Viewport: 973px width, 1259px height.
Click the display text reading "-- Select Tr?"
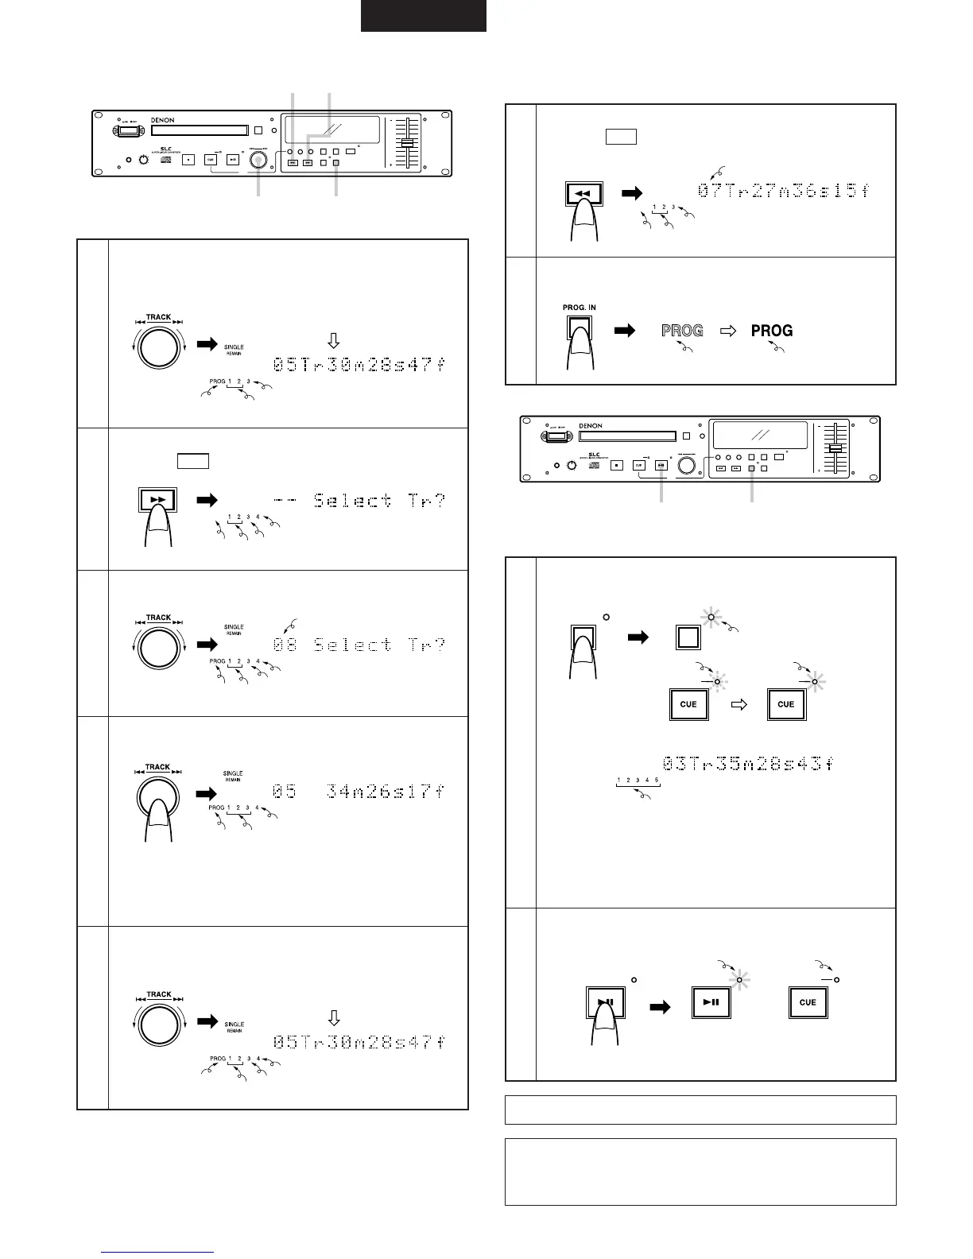[359, 501]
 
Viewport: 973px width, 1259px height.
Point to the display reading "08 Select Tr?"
[359, 645]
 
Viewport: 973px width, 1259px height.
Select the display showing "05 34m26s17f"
[359, 792]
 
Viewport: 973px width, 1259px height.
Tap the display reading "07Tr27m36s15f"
[784, 192]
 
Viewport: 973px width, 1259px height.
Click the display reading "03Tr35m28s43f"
[748, 764]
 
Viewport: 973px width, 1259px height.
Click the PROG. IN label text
[580, 307]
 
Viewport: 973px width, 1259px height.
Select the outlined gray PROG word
[682, 330]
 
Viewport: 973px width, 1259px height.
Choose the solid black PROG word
[772, 330]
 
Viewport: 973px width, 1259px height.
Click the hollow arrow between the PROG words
[727, 330]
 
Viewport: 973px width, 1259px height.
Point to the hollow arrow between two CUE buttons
[738, 704]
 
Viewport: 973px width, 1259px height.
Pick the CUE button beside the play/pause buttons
[808, 1002]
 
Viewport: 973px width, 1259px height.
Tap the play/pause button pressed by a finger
[605, 1002]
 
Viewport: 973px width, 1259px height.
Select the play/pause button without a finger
[711, 1002]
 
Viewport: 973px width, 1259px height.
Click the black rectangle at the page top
[424, 16]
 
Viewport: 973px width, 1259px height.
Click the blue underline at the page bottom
[159, 1253]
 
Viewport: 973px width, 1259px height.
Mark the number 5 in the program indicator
[657, 780]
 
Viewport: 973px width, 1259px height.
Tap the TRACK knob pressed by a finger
[158, 795]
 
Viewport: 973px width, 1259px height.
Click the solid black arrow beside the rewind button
[632, 192]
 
